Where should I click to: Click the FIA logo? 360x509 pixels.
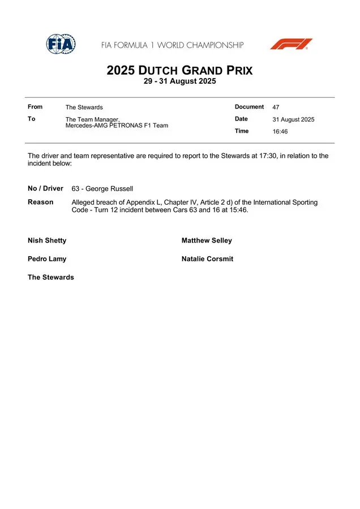61,44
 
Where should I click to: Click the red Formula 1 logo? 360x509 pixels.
291,44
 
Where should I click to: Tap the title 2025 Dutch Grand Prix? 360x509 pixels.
179,71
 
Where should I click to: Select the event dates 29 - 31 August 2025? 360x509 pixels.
179,81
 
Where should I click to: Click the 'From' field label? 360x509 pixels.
35,107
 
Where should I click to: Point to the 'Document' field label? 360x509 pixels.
249,107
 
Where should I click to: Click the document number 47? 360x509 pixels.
276,107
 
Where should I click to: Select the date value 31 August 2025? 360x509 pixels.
293,119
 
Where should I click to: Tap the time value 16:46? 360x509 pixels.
280,132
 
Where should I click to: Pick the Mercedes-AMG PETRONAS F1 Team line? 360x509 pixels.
117,126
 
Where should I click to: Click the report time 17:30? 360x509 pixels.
268,156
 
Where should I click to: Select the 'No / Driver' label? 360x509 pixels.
45,188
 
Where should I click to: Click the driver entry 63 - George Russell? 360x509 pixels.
102,189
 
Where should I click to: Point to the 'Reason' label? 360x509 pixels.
41,202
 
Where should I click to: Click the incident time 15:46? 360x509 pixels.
238,210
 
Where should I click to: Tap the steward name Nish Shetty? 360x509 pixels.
47,240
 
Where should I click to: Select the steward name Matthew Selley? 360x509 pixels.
207,240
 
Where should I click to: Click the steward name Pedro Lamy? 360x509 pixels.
47,259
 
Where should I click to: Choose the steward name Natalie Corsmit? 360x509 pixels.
207,259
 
